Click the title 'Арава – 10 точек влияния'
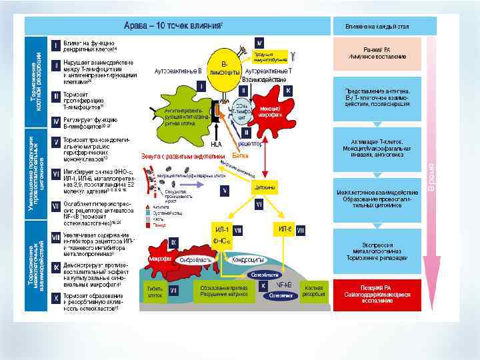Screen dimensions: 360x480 coord(175,25)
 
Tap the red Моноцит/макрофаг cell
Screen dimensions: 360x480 coord(269,110)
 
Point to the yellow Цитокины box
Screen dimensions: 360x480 coord(265,188)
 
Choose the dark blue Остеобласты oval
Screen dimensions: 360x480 coord(265,274)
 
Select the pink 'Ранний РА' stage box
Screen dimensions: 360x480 coord(377,53)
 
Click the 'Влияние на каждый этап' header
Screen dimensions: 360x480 coord(377,25)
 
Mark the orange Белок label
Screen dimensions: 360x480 coord(239,155)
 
